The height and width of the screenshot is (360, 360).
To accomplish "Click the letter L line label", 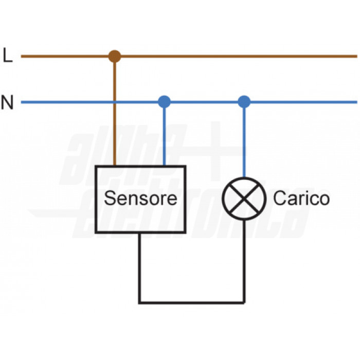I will point(7,56).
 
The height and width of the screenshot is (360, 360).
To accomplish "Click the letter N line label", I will point(7,102).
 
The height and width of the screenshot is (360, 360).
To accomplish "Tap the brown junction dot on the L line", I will point(115,56).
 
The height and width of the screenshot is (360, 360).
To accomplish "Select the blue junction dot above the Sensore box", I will point(164,102).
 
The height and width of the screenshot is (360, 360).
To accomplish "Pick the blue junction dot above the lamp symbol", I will point(244,102).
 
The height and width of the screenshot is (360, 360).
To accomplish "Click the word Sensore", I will point(140,199).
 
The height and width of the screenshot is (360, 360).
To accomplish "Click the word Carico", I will point(301,199).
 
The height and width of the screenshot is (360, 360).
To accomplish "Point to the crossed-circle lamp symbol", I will point(244,199).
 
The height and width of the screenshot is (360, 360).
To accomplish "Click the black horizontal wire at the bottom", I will point(191,302).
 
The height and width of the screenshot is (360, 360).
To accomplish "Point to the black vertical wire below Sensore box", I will point(139,267).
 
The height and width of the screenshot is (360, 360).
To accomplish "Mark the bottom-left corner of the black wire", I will point(139,302).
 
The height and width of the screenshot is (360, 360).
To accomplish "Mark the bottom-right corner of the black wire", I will point(244,302).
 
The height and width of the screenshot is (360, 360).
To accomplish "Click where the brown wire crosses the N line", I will point(115,102).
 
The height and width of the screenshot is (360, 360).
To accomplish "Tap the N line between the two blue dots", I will point(204,102).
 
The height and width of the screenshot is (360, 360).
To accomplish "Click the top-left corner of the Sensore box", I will point(97,167).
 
